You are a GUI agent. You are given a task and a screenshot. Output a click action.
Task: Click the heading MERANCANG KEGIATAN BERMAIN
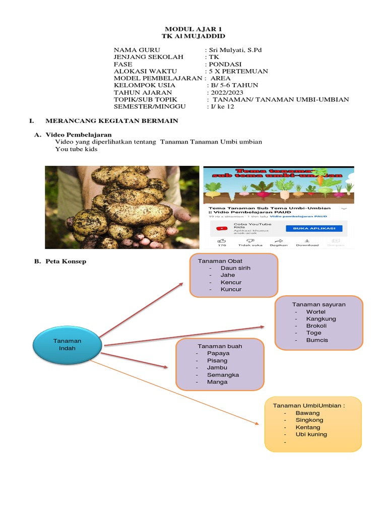(x=112, y=121)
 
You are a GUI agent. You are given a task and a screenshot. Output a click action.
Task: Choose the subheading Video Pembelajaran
(x=79, y=135)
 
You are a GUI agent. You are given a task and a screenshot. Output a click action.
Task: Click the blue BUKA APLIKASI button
(x=310, y=228)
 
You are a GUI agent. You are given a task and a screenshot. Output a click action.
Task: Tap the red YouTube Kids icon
(x=222, y=228)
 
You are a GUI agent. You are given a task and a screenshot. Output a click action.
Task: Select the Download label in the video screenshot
(x=307, y=245)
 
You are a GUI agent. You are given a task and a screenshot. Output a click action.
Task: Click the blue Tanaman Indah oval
(x=67, y=345)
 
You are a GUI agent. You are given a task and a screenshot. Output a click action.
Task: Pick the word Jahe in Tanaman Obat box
(x=228, y=275)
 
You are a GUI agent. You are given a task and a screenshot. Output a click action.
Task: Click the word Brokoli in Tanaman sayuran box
(x=316, y=326)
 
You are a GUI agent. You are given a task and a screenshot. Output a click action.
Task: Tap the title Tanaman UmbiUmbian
(x=309, y=406)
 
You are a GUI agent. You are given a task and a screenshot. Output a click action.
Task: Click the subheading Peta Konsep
(x=66, y=261)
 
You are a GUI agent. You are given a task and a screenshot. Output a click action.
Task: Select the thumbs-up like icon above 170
(x=222, y=240)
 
